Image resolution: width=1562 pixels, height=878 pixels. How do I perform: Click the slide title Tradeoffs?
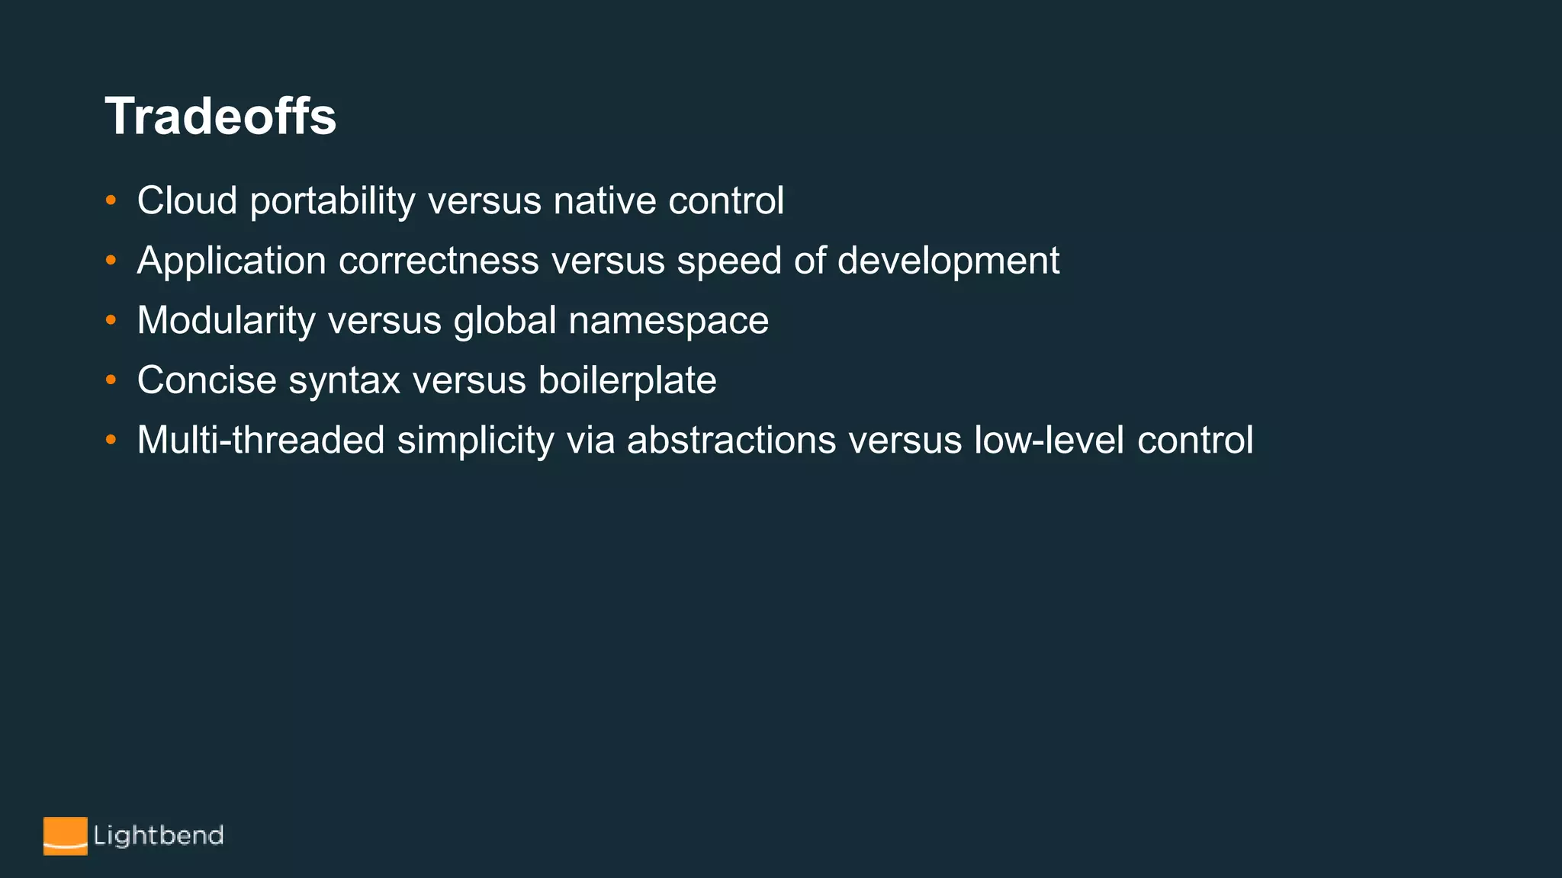[220, 117]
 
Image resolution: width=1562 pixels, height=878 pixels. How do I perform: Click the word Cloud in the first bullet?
[187, 201]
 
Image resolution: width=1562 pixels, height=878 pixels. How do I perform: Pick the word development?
[948, 261]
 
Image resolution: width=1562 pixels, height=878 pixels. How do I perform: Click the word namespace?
[668, 321]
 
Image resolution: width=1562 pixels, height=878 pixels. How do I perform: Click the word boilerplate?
[627, 380]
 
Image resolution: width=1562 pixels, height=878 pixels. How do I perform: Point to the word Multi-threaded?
[261, 441]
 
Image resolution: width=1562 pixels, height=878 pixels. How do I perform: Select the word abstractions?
[731, 441]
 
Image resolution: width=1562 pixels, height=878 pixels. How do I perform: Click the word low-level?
[1049, 441]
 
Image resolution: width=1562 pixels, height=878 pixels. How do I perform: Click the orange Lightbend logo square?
[65, 836]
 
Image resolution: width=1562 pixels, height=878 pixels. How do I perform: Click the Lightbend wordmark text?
[159, 836]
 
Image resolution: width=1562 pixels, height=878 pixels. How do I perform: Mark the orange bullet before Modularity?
[111, 321]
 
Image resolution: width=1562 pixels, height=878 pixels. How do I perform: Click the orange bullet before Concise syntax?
[111, 380]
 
